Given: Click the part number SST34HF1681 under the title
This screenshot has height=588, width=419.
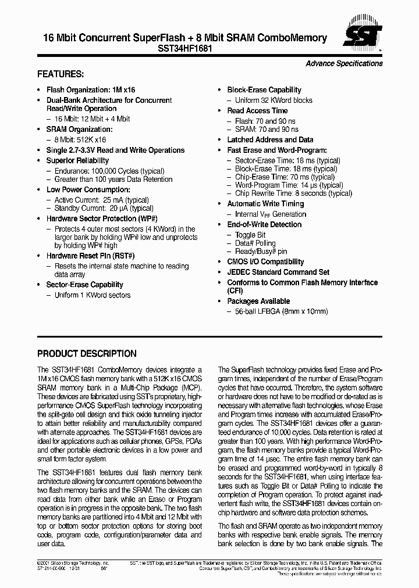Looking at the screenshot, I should click(x=184, y=49).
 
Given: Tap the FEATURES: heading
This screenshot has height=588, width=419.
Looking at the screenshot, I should click(x=61, y=74).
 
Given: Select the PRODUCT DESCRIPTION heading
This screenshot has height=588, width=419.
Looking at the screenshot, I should click(x=87, y=353).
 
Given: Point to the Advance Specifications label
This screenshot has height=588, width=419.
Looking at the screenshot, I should click(x=344, y=63).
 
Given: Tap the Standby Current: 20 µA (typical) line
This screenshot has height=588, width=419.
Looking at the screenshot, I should click(x=100, y=209).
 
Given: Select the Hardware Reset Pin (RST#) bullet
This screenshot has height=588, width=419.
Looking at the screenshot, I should click(x=90, y=256).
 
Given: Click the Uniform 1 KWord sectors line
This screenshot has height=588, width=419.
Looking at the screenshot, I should click(x=93, y=295).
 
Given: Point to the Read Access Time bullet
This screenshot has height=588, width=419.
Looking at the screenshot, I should click(x=257, y=110).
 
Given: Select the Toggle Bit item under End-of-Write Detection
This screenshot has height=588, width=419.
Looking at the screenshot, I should click(x=250, y=235).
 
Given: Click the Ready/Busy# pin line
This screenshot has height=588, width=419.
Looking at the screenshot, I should click(x=261, y=252).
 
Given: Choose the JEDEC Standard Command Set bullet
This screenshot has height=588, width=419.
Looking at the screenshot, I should click(x=278, y=272).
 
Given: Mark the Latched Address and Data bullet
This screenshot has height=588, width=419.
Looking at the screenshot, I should click(x=270, y=139).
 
